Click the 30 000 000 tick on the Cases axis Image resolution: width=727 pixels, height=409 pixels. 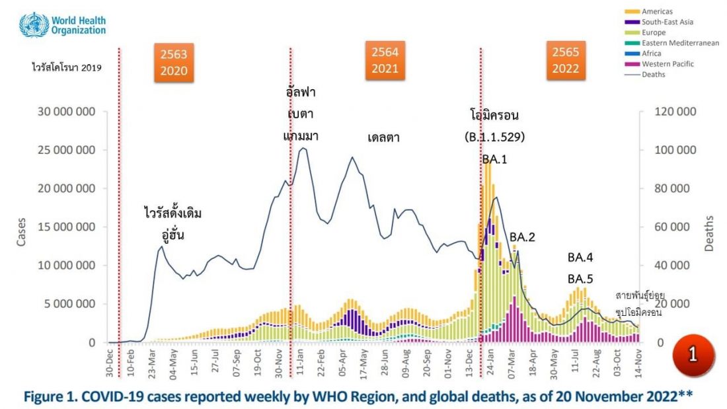click(65, 112)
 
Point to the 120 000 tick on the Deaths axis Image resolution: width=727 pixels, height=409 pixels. click(675, 112)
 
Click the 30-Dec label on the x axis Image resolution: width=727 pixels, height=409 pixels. click(109, 362)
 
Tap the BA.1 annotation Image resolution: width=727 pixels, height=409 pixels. click(495, 159)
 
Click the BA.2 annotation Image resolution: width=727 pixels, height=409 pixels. click(522, 237)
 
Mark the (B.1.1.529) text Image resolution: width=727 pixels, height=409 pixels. click(495, 137)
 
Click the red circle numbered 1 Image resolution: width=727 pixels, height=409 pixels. click(692, 354)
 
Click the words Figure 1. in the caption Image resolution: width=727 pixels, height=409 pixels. click(54, 396)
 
